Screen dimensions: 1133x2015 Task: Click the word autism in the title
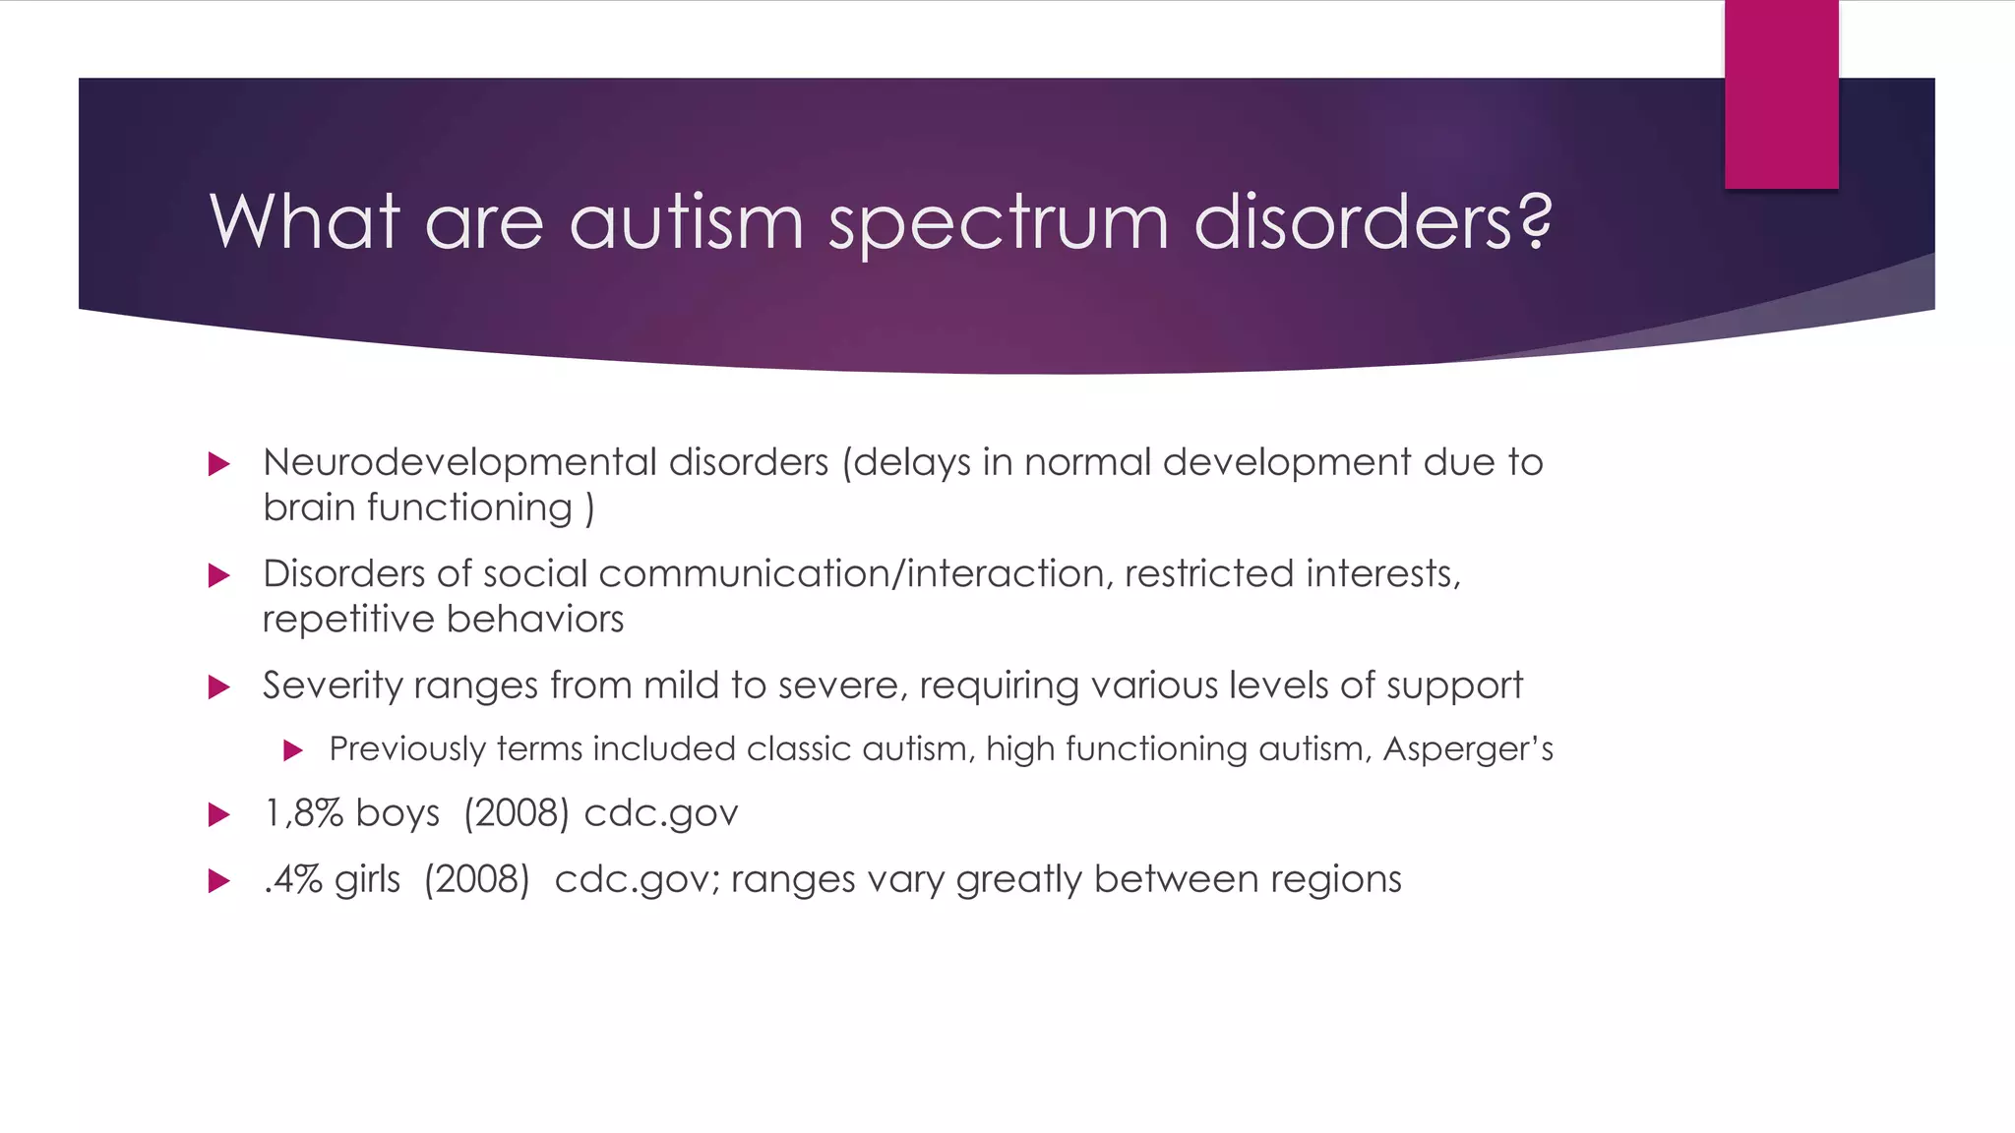[x=686, y=222]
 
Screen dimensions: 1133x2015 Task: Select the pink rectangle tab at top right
[x=1781, y=94]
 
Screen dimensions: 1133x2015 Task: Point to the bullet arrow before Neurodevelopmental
[x=219, y=464]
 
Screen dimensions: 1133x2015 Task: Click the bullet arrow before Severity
[x=219, y=687]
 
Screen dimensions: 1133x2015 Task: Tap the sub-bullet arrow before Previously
[x=292, y=751]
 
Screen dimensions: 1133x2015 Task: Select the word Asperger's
[x=1467, y=750]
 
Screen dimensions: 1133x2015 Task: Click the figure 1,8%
[x=303, y=814]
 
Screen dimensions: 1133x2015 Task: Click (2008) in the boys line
[x=516, y=814]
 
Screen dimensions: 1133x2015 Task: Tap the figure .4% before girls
[x=292, y=879]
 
